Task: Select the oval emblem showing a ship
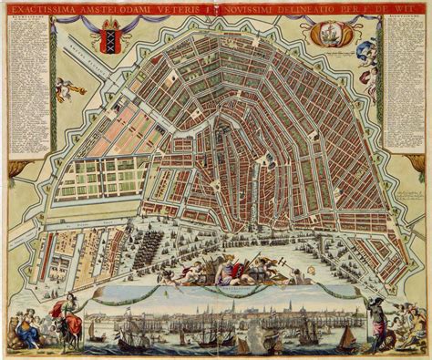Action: point(326,36)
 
